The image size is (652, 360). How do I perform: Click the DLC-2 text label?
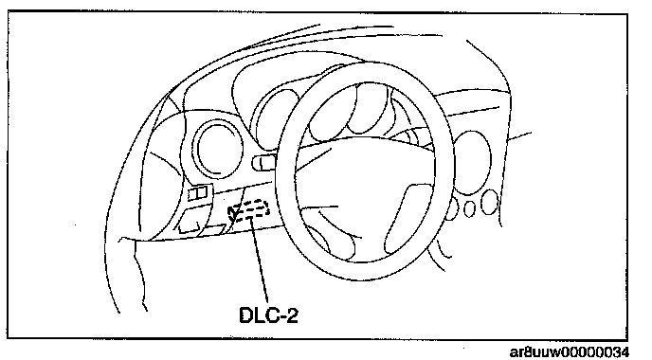click(x=269, y=315)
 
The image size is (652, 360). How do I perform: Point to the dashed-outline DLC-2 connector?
click(x=248, y=209)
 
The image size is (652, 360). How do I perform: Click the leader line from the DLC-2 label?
click(x=258, y=261)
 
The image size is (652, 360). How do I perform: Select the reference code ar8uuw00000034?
click(x=570, y=352)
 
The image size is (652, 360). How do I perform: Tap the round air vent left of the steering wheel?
click(x=218, y=148)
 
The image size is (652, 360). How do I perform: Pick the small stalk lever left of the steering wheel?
click(x=265, y=162)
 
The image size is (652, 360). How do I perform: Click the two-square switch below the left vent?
click(x=197, y=193)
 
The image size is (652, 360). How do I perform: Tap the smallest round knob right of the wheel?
click(x=469, y=208)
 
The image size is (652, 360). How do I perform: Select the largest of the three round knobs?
click(x=489, y=203)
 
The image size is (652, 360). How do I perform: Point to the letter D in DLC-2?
click(x=246, y=315)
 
